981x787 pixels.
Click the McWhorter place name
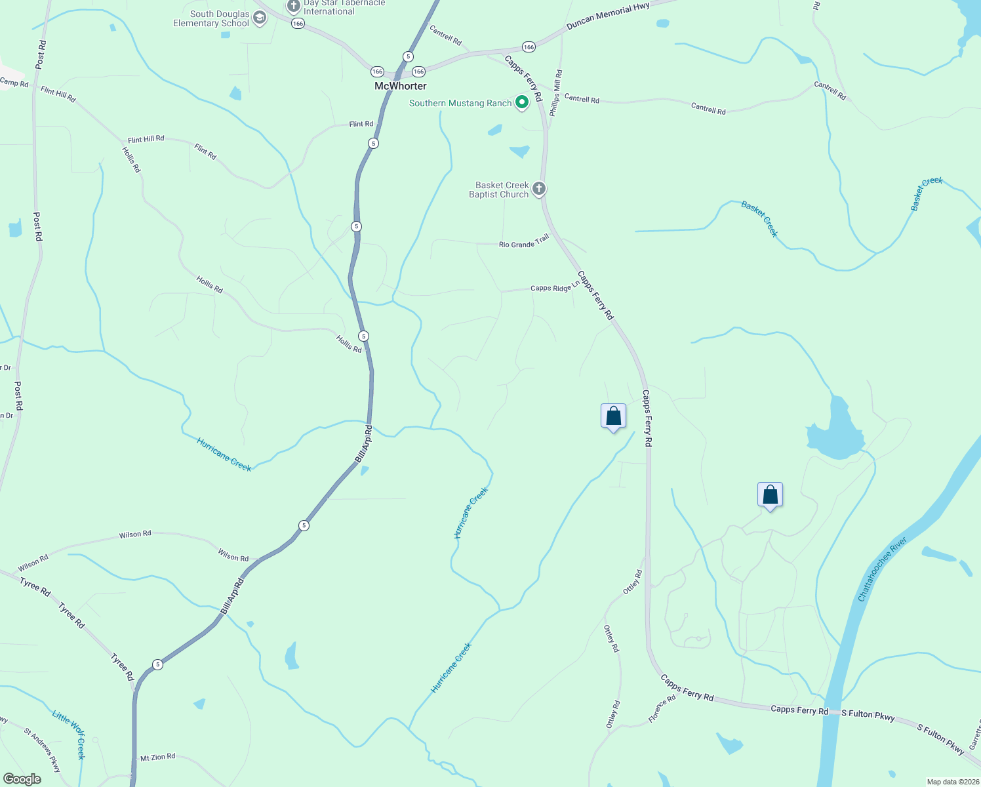(x=400, y=86)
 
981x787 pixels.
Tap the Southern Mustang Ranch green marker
(x=522, y=102)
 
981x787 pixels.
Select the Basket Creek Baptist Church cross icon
(x=539, y=189)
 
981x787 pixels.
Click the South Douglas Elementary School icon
(x=260, y=18)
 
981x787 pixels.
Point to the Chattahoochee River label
(x=883, y=569)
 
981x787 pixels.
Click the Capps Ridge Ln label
(x=555, y=287)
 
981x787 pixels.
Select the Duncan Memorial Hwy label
(x=608, y=16)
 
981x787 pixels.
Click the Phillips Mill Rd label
(x=555, y=93)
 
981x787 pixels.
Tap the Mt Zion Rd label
(x=157, y=757)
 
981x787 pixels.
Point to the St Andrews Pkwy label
(x=42, y=750)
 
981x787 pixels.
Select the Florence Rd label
(x=662, y=709)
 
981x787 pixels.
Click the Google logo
(x=22, y=778)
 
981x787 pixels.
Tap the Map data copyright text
(x=952, y=782)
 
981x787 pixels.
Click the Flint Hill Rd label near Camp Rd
(x=58, y=95)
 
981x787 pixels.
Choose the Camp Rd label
(x=14, y=83)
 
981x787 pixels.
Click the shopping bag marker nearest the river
(x=770, y=495)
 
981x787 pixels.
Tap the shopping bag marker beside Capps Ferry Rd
(x=613, y=416)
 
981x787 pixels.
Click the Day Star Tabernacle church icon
(x=293, y=7)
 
